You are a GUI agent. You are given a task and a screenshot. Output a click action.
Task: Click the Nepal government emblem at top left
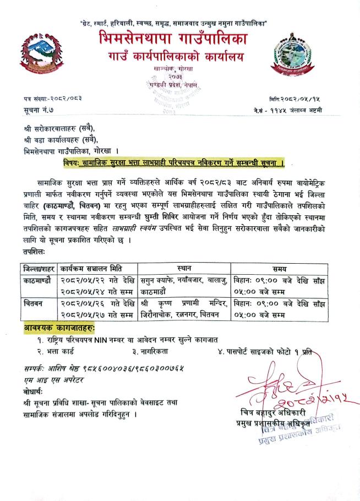[x=40, y=56]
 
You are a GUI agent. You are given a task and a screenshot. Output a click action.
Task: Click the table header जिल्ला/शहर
[x=38, y=269]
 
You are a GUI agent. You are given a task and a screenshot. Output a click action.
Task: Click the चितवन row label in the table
[x=34, y=303]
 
